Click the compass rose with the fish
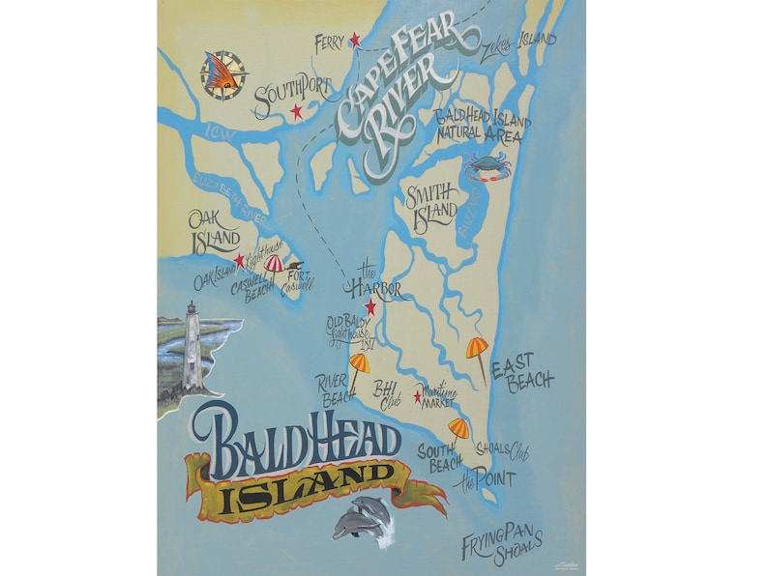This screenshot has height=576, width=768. pyautogui.click(x=224, y=75)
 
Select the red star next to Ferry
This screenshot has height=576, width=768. pyautogui.click(x=355, y=40)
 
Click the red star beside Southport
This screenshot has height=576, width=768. pyautogui.click(x=297, y=112)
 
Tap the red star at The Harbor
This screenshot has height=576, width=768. pyautogui.click(x=369, y=308)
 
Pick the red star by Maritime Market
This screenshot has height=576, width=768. pyautogui.click(x=418, y=396)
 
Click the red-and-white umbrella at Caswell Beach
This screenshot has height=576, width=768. pyautogui.click(x=275, y=265)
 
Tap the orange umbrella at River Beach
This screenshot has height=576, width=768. pyautogui.click(x=358, y=365)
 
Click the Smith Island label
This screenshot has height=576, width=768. pyautogui.click(x=429, y=205)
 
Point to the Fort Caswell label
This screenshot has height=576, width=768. pyautogui.click(x=298, y=280)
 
